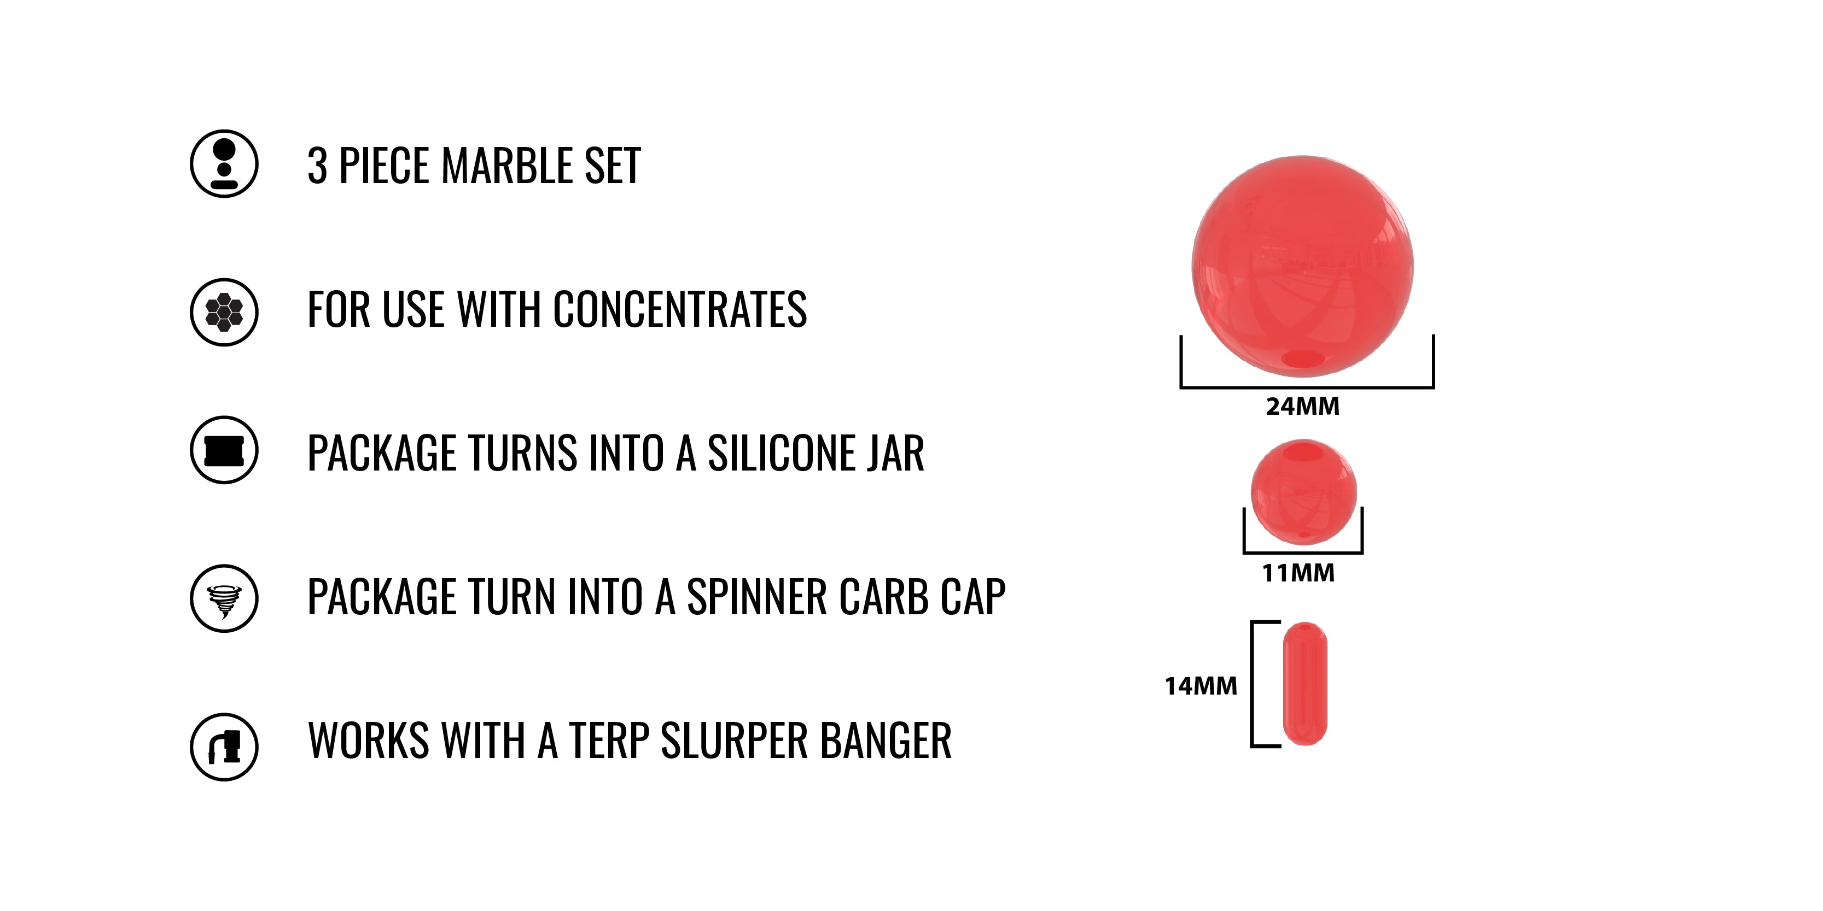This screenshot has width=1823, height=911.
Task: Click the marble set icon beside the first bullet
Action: (224, 163)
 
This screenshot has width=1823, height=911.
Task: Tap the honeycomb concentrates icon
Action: (224, 312)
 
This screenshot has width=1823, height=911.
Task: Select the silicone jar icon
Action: (224, 450)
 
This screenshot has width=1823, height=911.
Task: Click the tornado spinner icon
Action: (224, 598)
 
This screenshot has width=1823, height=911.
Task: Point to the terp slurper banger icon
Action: (224, 747)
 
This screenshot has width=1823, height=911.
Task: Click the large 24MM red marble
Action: (1303, 266)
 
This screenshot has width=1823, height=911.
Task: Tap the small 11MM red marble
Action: (1303, 492)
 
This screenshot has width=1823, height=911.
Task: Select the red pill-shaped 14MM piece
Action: (1305, 683)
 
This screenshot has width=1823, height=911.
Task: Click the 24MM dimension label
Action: (1303, 407)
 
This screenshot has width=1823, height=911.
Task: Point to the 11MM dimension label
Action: (1298, 573)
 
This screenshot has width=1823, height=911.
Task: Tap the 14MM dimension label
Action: (1201, 686)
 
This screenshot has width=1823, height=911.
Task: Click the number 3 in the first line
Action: (317, 166)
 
